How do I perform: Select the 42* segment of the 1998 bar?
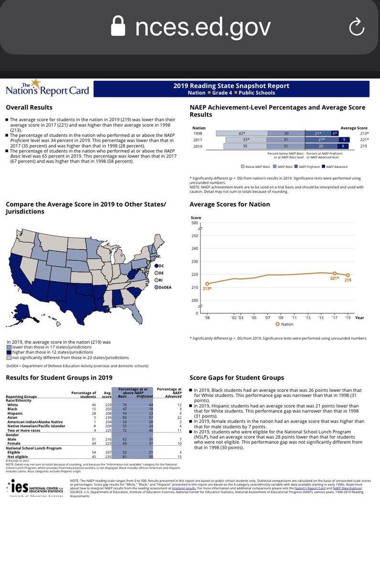coord(242,133)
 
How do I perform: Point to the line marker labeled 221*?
coord(335,273)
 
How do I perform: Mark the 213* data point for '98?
coord(207,284)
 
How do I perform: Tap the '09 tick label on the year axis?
coord(281,318)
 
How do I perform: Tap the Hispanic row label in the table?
coord(14,414)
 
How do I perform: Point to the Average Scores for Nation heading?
coord(229,204)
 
